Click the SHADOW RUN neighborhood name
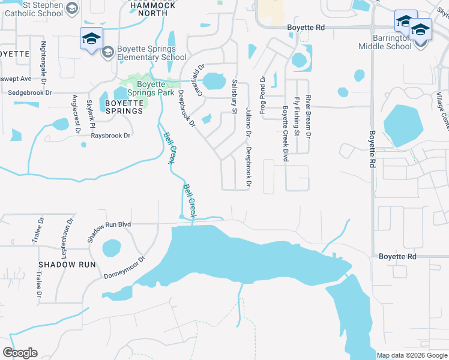(x=67, y=264)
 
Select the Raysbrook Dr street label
(x=110, y=136)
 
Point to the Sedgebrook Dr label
(x=31, y=93)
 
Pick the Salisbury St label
(x=234, y=95)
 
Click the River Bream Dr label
(x=308, y=115)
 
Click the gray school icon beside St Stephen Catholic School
(x=72, y=8)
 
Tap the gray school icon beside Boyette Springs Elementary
(x=107, y=52)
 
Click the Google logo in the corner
(x=20, y=353)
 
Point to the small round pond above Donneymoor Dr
(x=112, y=248)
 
